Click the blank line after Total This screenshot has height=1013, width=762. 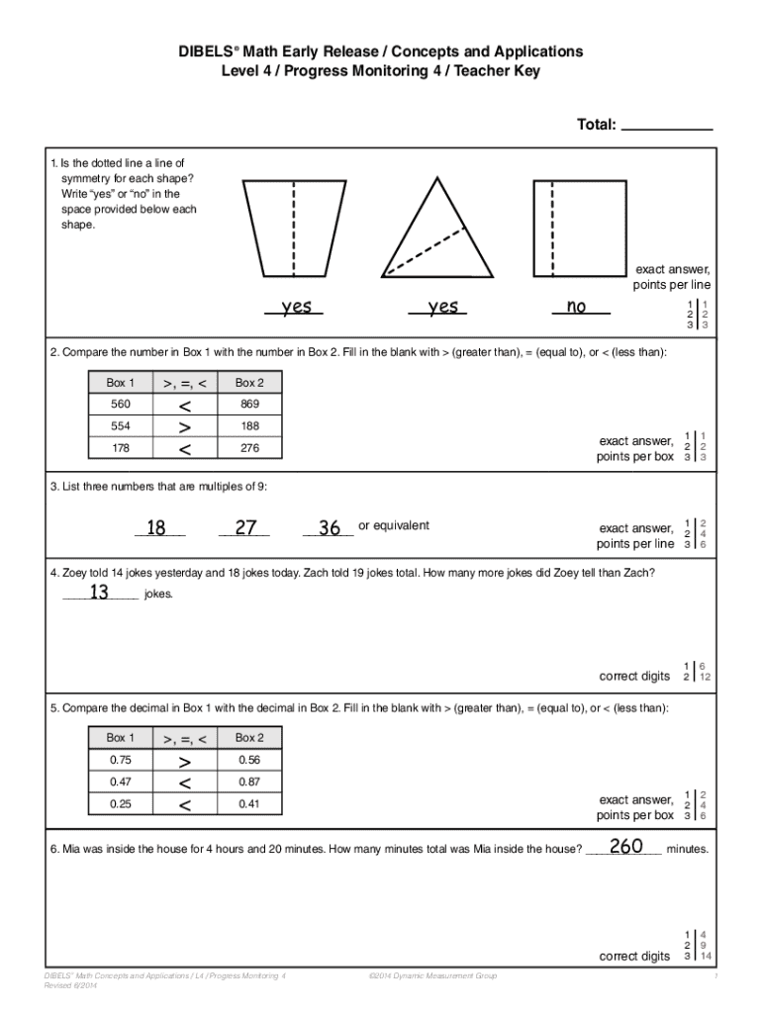[x=670, y=126]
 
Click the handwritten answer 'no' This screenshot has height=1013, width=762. [x=576, y=307]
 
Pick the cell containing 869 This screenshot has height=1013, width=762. [x=248, y=405]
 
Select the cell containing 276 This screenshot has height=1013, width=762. [x=248, y=448]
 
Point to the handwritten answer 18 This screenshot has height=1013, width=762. [x=156, y=528]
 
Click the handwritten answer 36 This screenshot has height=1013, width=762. [x=330, y=528]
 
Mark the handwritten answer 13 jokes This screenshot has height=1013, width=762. [x=99, y=593]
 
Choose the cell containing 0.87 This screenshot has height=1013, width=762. [x=248, y=782]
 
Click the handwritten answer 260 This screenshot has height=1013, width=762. [x=626, y=847]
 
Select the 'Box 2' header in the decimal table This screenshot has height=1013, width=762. [x=248, y=738]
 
